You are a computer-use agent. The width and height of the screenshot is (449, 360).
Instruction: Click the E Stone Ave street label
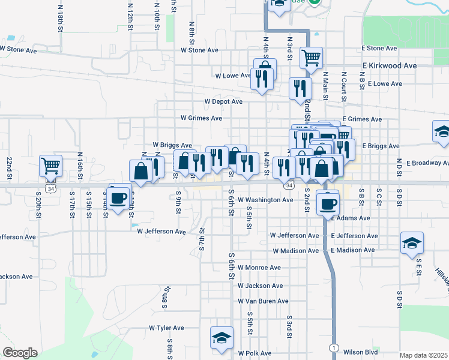point(379,48)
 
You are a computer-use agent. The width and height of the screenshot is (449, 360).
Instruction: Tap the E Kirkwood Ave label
point(389,66)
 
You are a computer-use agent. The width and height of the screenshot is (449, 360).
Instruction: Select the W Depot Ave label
point(223,102)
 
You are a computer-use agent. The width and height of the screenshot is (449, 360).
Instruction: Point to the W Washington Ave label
point(265,200)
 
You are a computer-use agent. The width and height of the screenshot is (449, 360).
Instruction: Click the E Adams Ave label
point(350,218)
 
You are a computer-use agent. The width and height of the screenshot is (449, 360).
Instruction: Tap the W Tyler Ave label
point(166,328)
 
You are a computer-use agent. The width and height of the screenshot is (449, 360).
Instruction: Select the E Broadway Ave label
point(427,163)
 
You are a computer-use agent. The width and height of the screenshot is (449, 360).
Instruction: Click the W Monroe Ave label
point(259,268)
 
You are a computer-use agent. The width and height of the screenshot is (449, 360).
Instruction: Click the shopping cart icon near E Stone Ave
point(312,58)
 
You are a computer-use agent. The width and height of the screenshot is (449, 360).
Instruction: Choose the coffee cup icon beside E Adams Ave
point(328,203)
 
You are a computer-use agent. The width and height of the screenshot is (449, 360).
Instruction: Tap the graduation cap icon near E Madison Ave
point(412,243)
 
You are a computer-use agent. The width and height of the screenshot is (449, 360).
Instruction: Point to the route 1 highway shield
point(333,347)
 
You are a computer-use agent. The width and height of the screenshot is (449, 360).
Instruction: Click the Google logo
point(20,353)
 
